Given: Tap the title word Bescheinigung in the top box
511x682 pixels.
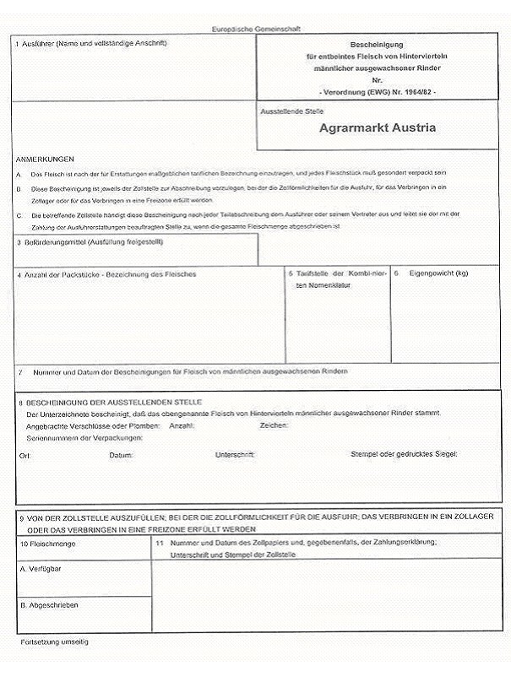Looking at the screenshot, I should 378,43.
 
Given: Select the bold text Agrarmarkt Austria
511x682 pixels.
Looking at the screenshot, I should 378,128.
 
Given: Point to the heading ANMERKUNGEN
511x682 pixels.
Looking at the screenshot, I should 45,159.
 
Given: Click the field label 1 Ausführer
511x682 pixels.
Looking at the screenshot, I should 90,43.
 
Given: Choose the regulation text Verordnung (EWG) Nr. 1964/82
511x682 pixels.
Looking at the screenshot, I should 378,90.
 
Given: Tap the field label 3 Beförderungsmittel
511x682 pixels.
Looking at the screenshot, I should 89,242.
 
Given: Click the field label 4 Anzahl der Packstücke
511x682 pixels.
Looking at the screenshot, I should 106,274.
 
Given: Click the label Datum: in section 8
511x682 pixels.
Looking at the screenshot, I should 121,455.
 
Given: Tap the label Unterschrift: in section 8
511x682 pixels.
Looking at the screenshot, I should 236,455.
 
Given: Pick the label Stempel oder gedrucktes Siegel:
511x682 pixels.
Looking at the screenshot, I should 403,454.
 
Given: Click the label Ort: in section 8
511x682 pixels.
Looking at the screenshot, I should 24,455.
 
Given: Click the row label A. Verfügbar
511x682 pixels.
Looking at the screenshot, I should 41,569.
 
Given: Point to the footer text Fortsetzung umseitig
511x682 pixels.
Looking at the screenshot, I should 54,642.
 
